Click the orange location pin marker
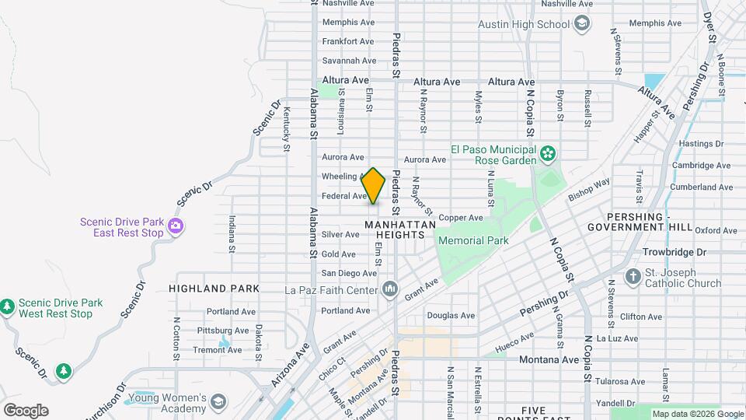tap(374, 186)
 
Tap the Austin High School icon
tap(581, 24)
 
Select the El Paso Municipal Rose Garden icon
tap(549, 153)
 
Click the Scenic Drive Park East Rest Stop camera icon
tap(176, 226)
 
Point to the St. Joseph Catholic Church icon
tap(633, 278)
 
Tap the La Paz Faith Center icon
tap(389, 290)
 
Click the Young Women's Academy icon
tap(219, 401)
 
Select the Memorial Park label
tap(473, 240)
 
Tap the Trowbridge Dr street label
tap(675, 253)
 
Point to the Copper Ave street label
tap(461, 218)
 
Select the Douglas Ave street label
tap(451, 316)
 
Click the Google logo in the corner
tap(26, 411)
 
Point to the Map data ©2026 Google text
tap(696, 414)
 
